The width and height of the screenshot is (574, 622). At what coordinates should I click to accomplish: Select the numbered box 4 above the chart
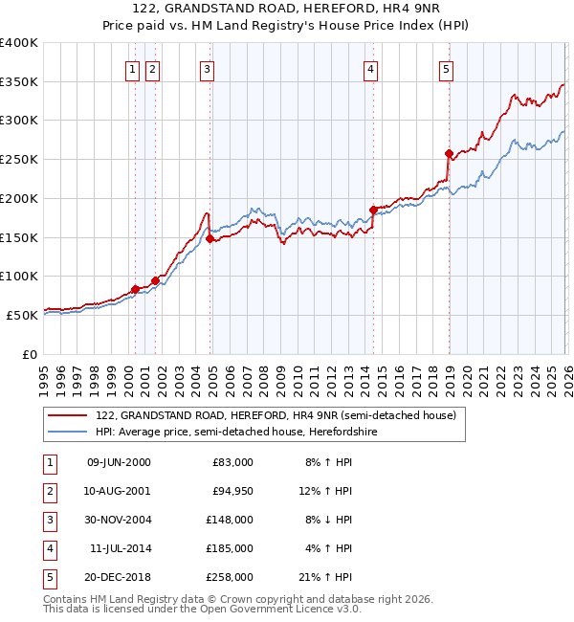coord(370,68)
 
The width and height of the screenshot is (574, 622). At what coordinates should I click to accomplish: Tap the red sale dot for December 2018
coord(449,153)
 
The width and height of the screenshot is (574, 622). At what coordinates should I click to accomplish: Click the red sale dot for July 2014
coord(373,210)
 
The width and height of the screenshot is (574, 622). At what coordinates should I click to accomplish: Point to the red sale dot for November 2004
coord(210,238)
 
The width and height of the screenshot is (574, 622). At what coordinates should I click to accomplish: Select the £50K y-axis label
coord(22,315)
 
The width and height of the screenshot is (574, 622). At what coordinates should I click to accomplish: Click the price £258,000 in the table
coord(232,577)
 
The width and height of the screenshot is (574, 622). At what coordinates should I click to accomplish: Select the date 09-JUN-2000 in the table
coord(119,462)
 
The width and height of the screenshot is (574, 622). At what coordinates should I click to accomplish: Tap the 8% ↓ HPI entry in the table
coord(328,520)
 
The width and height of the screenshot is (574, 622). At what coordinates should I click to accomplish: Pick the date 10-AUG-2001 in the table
coord(119,491)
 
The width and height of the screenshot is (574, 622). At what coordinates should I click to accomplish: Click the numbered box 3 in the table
coord(48,520)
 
